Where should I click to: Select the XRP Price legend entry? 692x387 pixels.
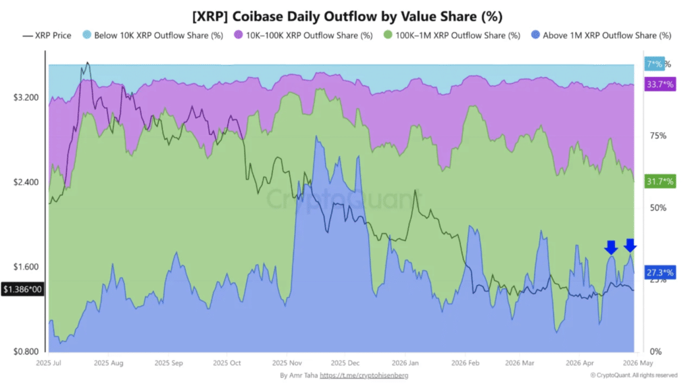pos(47,35)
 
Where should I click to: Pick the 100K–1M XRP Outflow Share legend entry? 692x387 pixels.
pos(451,35)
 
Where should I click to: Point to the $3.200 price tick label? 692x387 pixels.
pos(25,98)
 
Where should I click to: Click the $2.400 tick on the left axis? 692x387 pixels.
pos(25,182)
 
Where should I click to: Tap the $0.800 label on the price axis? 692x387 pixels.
pos(25,352)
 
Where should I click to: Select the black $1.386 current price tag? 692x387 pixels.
pos(22,289)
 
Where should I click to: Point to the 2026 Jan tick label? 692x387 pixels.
pos(405,362)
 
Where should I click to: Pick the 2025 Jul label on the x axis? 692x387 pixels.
pos(49,362)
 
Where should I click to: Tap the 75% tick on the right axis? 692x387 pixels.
pos(658,136)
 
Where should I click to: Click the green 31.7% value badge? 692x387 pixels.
pos(660,181)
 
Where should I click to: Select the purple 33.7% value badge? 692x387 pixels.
pos(660,84)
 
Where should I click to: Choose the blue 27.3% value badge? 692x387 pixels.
pos(660,272)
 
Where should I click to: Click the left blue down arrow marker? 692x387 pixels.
pos(611,247)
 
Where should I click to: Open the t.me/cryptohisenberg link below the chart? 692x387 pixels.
pos(364,375)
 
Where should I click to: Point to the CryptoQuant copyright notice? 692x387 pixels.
pos(633,375)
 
